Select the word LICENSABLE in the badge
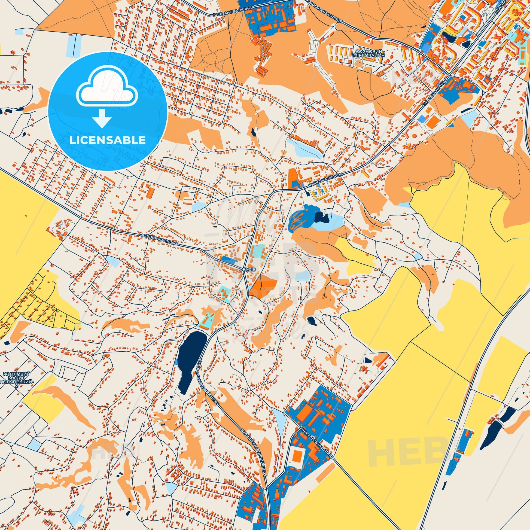[x=108, y=140]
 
